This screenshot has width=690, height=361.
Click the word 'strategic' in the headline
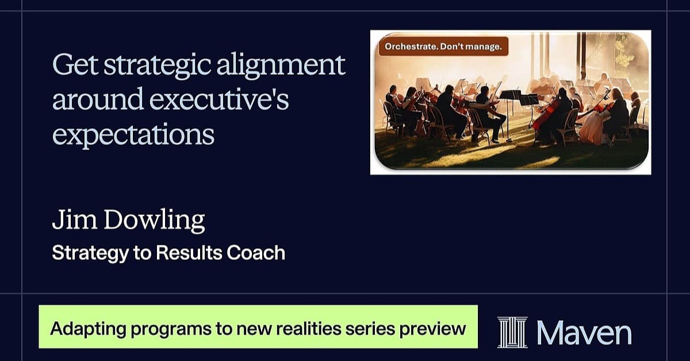tap(158, 66)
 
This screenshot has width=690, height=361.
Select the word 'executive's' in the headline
tap(219, 99)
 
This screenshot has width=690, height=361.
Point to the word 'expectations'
tap(133, 135)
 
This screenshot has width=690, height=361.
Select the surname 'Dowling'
tap(154, 220)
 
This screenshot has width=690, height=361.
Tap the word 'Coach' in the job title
tap(256, 253)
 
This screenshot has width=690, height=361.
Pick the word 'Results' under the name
tap(189, 253)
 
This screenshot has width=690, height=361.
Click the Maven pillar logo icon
tap(512, 332)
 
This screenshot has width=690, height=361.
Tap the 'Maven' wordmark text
tap(584, 333)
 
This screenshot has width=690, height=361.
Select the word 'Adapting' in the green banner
tap(88, 329)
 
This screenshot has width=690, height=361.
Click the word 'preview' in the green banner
tap(433, 329)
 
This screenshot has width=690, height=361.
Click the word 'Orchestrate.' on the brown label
tap(411, 47)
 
